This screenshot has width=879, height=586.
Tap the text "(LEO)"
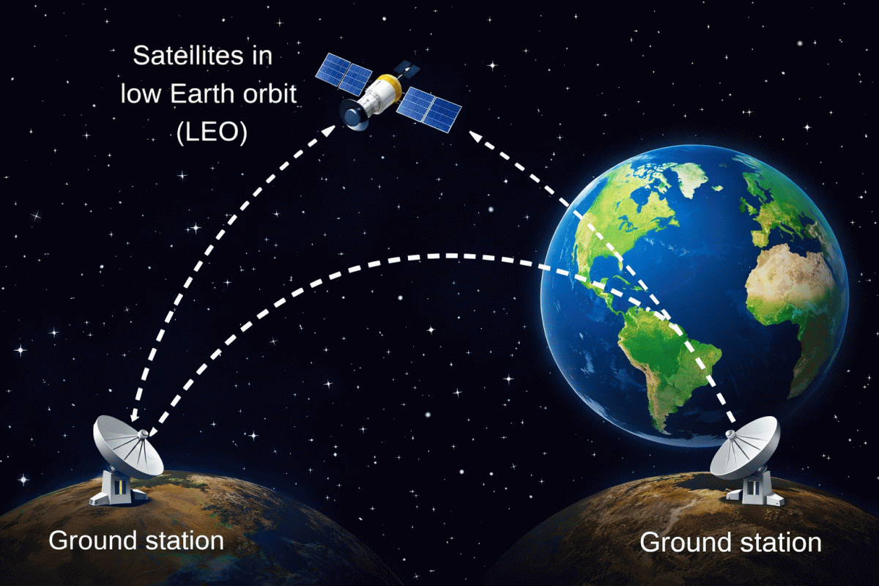(x=212, y=133)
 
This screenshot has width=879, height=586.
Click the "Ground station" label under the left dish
(x=136, y=541)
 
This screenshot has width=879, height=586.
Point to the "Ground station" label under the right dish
(x=731, y=543)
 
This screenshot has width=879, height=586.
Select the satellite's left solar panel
(x=344, y=74)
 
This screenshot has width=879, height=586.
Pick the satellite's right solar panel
(x=429, y=109)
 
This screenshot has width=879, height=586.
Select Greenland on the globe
(x=694, y=179)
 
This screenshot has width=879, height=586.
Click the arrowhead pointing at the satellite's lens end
(x=329, y=131)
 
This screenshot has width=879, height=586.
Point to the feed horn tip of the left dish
(x=144, y=434)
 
